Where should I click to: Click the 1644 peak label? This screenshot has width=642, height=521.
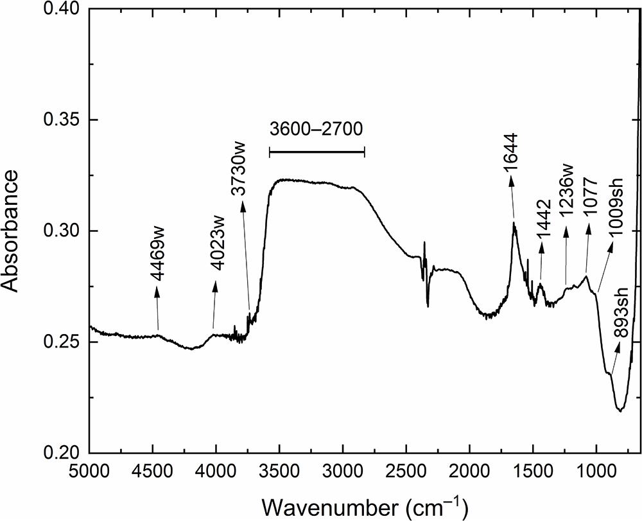pyautogui.click(x=512, y=152)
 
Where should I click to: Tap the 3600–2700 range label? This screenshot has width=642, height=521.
pyautogui.click(x=317, y=129)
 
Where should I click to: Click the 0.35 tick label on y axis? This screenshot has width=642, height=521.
pyautogui.click(x=64, y=119)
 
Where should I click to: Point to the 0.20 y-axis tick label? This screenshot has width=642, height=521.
pyautogui.click(x=64, y=453)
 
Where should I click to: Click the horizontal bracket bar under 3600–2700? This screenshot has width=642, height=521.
pyautogui.click(x=317, y=152)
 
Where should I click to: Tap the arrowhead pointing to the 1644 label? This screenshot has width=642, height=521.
pyautogui.click(x=510, y=181)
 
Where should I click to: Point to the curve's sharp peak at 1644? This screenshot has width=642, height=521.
pyautogui.click(x=514, y=222)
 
